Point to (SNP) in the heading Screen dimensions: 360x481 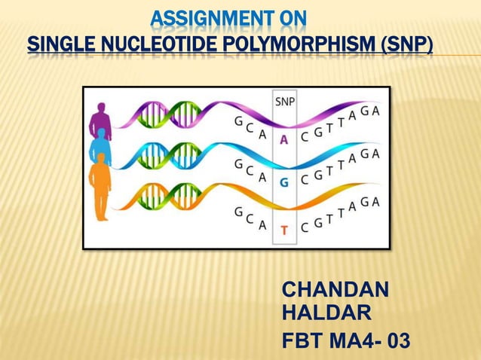[x=406, y=48]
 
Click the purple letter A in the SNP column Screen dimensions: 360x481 [x=284, y=139]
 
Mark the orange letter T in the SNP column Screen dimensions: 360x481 [x=284, y=230]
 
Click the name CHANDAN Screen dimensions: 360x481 [x=335, y=290]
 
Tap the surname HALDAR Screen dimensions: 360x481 [x=325, y=313]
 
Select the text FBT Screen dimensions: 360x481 [x=301, y=341]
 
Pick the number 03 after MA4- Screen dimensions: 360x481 [x=397, y=341]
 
